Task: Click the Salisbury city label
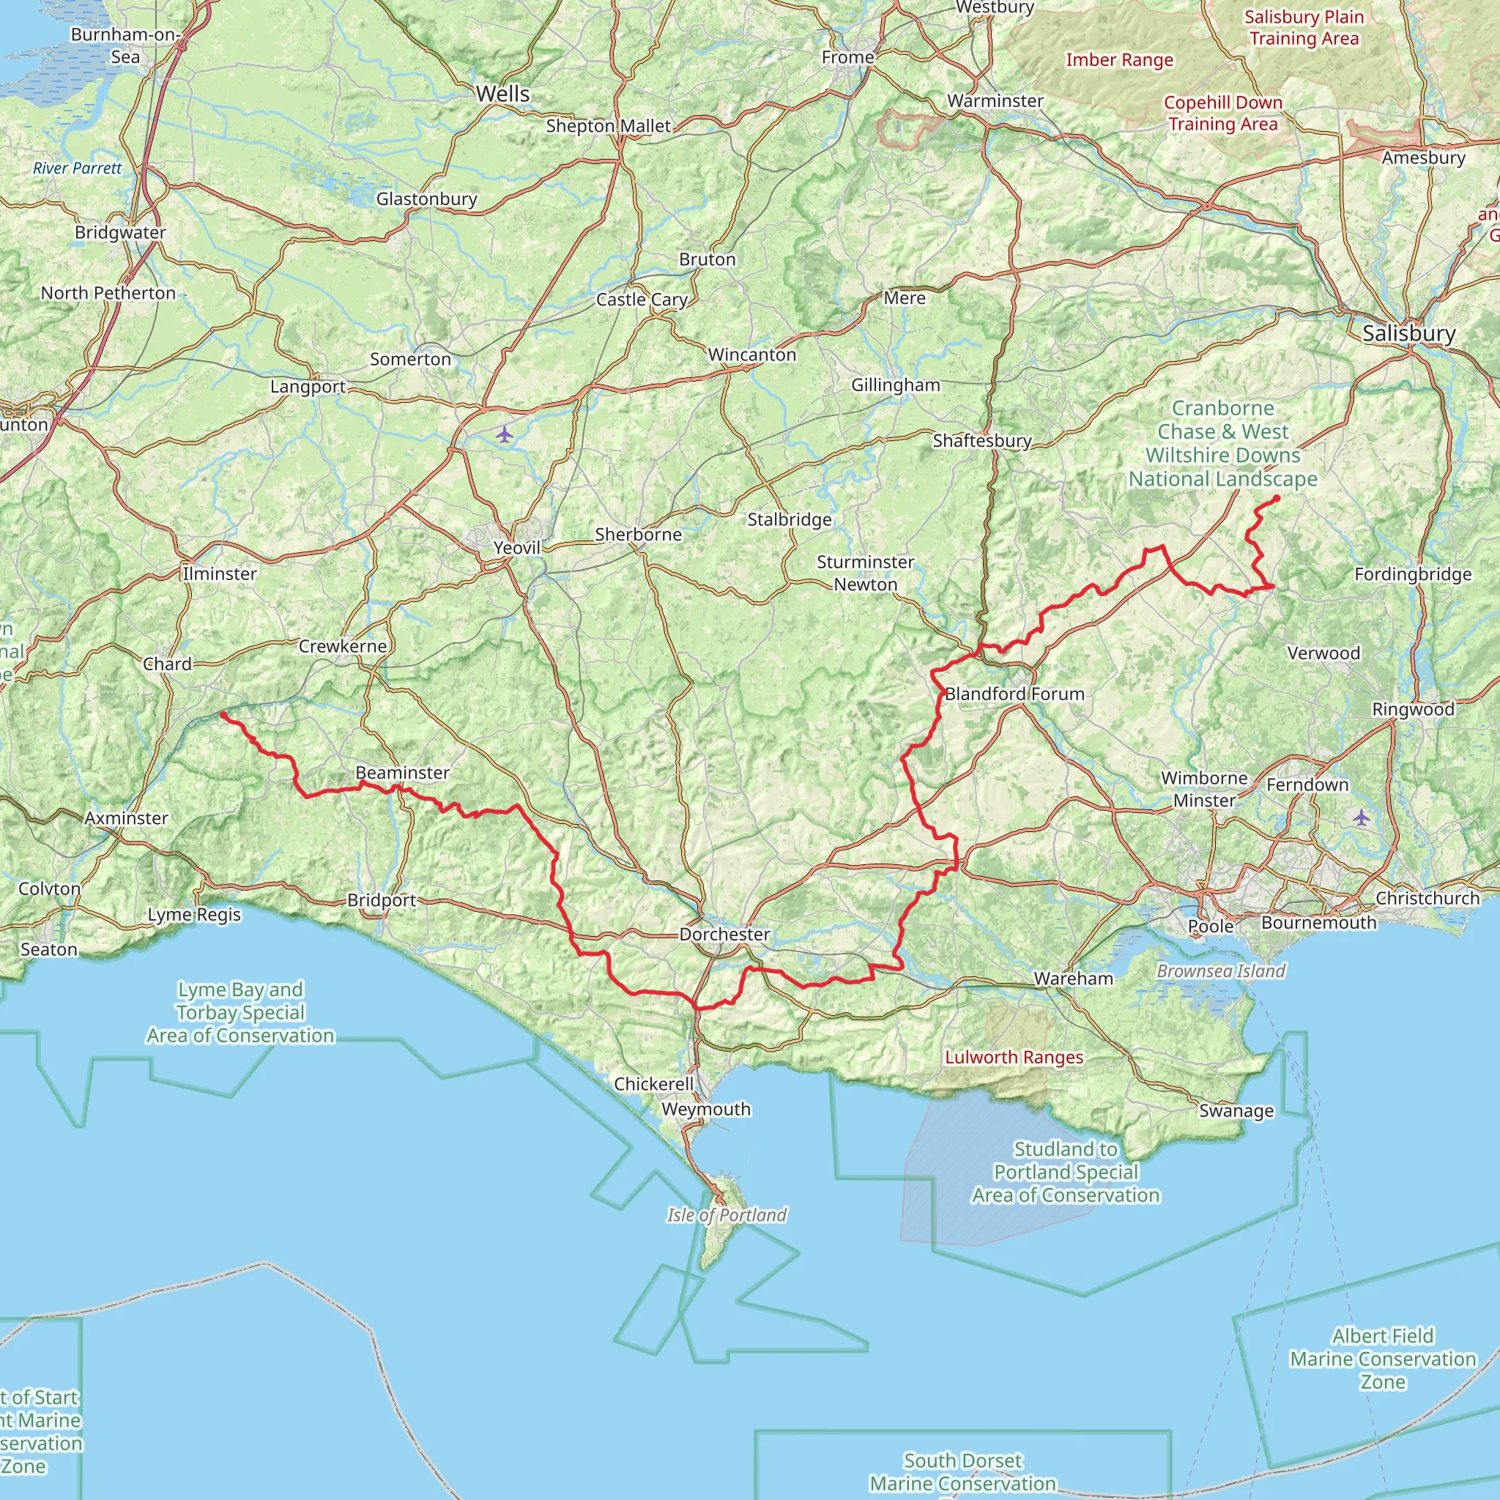click(x=1408, y=333)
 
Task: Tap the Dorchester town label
click(x=724, y=934)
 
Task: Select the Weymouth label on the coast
click(x=706, y=1109)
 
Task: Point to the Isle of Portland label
click(x=727, y=1215)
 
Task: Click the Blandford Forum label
click(x=1014, y=694)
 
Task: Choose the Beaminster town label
click(x=402, y=773)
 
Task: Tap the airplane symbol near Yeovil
click(x=505, y=434)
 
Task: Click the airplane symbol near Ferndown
click(x=1361, y=817)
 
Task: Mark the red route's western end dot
click(x=223, y=714)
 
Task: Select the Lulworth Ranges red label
click(x=1014, y=1057)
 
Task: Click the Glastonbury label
click(x=426, y=198)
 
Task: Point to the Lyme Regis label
click(x=194, y=915)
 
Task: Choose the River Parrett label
click(x=78, y=168)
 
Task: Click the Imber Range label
click(x=1119, y=60)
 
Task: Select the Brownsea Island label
click(x=1221, y=970)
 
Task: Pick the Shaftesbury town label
click(x=981, y=440)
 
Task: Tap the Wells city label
click(x=503, y=94)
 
